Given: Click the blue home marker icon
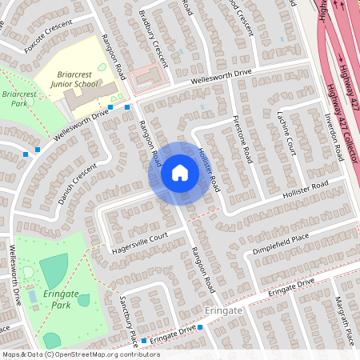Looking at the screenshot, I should [x=180, y=173].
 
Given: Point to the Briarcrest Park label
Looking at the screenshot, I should [x=16, y=99].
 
